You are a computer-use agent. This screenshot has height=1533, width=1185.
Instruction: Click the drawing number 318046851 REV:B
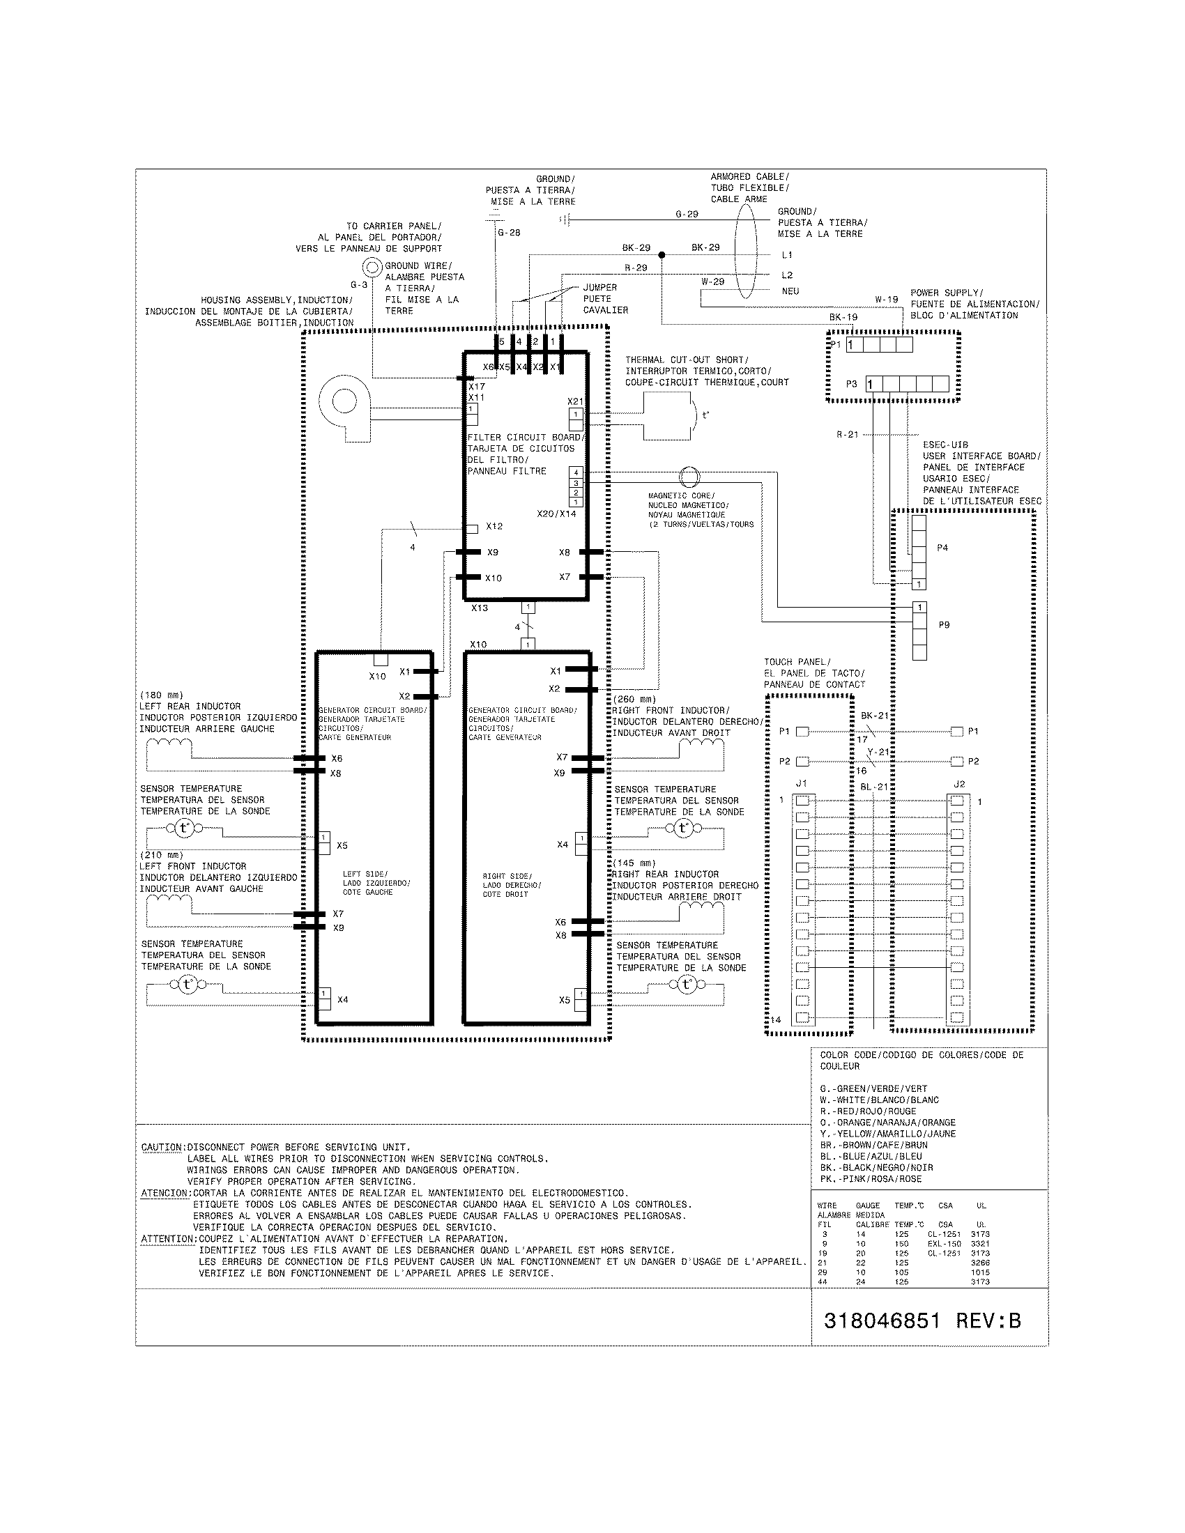coord(922,1321)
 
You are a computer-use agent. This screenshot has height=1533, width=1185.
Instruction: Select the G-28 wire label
coord(509,233)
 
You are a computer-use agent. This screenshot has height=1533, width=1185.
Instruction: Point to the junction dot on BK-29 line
coord(662,255)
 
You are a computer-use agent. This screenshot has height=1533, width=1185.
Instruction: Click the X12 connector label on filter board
coord(494,526)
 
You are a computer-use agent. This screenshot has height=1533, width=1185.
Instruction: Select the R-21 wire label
coord(848,435)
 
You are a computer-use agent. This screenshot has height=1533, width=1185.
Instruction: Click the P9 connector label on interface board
coord(944,625)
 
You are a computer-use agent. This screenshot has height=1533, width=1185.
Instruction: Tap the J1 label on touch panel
coord(801,784)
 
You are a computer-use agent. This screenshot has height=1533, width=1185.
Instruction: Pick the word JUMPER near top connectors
coord(599,288)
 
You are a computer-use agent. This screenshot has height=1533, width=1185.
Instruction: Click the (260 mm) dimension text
coord(633,699)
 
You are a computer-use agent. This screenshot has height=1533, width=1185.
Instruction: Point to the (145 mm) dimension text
coord(633,863)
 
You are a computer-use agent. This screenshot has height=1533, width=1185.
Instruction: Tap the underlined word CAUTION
coord(161,1148)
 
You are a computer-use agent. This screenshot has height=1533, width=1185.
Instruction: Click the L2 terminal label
coord(787,275)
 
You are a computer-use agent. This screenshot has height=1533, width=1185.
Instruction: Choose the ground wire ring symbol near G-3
coord(372,267)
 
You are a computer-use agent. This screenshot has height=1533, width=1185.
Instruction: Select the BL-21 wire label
coord(874,787)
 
